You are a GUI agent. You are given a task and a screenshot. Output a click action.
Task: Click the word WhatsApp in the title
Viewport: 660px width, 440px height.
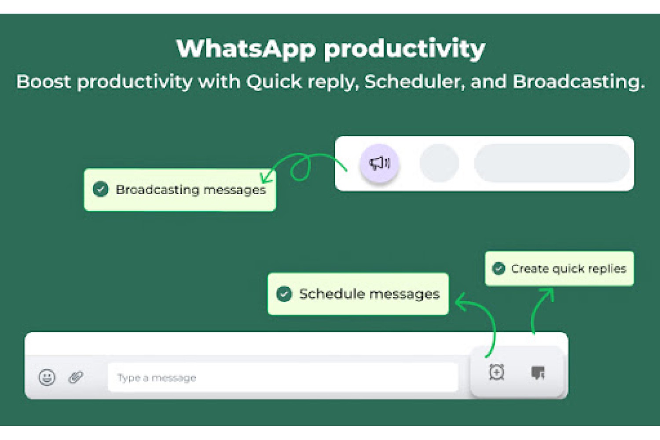coord(246,49)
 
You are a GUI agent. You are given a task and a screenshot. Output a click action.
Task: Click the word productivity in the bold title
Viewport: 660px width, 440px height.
coord(404,49)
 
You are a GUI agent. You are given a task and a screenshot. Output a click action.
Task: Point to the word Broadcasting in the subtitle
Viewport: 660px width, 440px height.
coord(579,81)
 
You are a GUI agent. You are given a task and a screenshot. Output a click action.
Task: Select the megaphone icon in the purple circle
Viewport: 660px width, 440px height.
coord(379,163)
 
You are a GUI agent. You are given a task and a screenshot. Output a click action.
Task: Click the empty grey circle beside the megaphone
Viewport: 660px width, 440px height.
coord(439,163)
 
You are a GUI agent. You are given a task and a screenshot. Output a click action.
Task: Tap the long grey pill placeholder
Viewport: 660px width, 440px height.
coord(552,163)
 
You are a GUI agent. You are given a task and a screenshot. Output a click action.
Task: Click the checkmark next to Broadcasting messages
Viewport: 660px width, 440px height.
coord(100,189)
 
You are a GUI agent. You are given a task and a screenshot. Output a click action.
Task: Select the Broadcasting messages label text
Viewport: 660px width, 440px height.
coord(191,190)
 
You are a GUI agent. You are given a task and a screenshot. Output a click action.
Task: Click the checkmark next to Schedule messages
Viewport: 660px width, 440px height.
coord(284,294)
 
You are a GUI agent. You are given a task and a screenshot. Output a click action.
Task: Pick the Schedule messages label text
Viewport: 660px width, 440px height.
coord(370,294)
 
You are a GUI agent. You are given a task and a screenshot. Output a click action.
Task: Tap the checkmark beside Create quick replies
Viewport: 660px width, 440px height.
coord(499,268)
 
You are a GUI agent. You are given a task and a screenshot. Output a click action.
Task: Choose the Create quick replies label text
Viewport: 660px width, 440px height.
coord(568,269)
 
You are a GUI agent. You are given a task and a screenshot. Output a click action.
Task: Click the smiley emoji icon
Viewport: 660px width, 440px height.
coord(47,377)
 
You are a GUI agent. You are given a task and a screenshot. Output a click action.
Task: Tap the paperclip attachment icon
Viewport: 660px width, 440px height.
coord(76,377)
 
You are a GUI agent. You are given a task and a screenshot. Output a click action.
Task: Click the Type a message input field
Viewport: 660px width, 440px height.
coord(283,378)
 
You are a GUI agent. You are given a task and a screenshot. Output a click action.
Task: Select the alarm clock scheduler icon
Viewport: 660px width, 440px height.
coord(497,372)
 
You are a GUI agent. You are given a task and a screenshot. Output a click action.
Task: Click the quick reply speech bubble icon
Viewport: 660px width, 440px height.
coord(538,373)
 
